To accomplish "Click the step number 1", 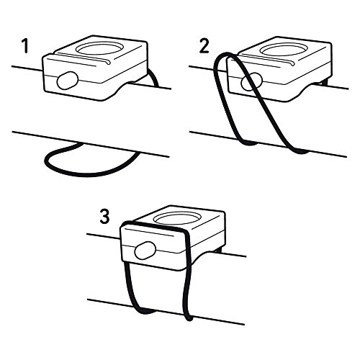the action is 25,46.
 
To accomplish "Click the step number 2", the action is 204,46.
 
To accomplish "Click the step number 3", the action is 104,217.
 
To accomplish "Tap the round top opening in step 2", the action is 283,49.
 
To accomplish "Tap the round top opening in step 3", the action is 176,218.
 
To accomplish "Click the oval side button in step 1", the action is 68,81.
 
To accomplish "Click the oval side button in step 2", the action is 251,81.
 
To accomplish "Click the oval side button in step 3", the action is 145,251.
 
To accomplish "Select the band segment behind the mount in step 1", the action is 153,78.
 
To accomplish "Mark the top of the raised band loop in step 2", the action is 225,54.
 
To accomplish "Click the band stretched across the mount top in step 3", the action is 153,226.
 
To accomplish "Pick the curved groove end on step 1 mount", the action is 108,63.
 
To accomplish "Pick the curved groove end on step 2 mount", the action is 292,63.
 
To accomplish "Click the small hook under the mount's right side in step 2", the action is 325,82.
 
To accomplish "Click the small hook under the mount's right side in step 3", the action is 219,251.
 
